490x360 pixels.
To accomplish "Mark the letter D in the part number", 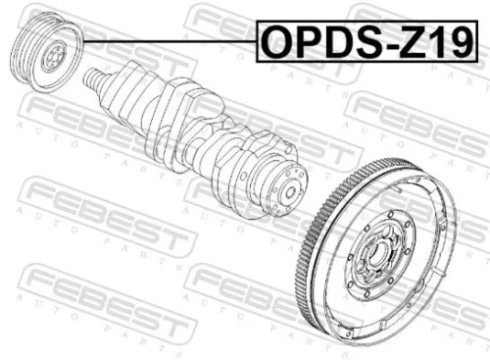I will click(x=342, y=40).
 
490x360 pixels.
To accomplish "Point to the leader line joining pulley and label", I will click(x=167, y=40).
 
